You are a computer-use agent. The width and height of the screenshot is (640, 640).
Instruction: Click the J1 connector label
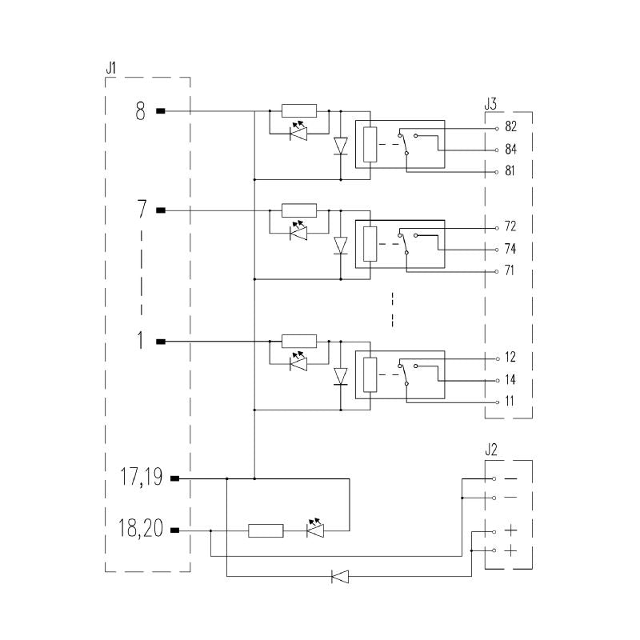point(110,68)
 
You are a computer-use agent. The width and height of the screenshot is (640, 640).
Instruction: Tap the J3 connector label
point(490,104)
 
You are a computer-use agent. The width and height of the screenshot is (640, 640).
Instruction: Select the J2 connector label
point(491,450)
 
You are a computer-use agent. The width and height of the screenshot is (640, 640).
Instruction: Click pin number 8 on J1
point(141,110)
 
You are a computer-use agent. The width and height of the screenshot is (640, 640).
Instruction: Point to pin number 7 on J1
point(142,209)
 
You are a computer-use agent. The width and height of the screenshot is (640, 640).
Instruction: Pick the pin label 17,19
point(141,477)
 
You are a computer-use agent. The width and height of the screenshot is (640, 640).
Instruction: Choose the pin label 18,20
point(141,528)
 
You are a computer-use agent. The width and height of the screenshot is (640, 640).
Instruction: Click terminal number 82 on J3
point(510,126)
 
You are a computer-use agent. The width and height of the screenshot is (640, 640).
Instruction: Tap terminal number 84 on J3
point(510,149)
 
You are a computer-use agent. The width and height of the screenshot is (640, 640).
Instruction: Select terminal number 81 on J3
point(510,170)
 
